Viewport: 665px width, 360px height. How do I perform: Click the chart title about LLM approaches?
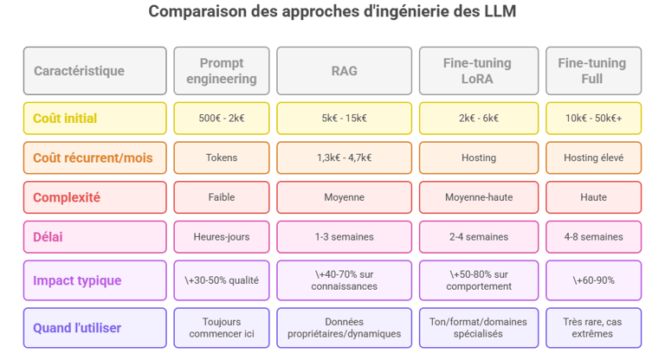[333, 12]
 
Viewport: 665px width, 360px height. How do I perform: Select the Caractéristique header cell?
[94, 71]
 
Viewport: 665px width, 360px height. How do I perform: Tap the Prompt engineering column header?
[222, 71]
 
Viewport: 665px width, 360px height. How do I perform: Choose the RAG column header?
[344, 71]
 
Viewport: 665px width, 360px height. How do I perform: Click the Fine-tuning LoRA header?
[478, 71]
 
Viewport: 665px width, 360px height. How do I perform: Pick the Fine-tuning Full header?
[593, 71]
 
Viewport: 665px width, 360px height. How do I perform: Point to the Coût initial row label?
[94, 119]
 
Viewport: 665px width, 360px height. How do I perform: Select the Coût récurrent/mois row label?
[94, 158]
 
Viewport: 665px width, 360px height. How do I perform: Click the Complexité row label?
[94, 197]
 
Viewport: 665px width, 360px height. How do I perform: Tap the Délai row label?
[94, 236]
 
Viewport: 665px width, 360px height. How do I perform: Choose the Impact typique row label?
[94, 280]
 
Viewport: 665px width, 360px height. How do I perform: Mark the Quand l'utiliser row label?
[94, 328]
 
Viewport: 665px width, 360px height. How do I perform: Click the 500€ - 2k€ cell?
[222, 119]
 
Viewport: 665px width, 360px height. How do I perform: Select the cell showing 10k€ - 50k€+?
[593, 119]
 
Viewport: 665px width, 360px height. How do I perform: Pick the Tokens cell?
[222, 158]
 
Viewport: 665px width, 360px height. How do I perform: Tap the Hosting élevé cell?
[593, 158]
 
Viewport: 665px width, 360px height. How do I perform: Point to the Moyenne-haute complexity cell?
[478, 197]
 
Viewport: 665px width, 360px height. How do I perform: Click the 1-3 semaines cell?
[344, 236]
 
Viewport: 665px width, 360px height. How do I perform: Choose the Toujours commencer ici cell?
[222, 328]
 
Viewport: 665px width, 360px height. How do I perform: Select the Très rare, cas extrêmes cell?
[593, 328]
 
